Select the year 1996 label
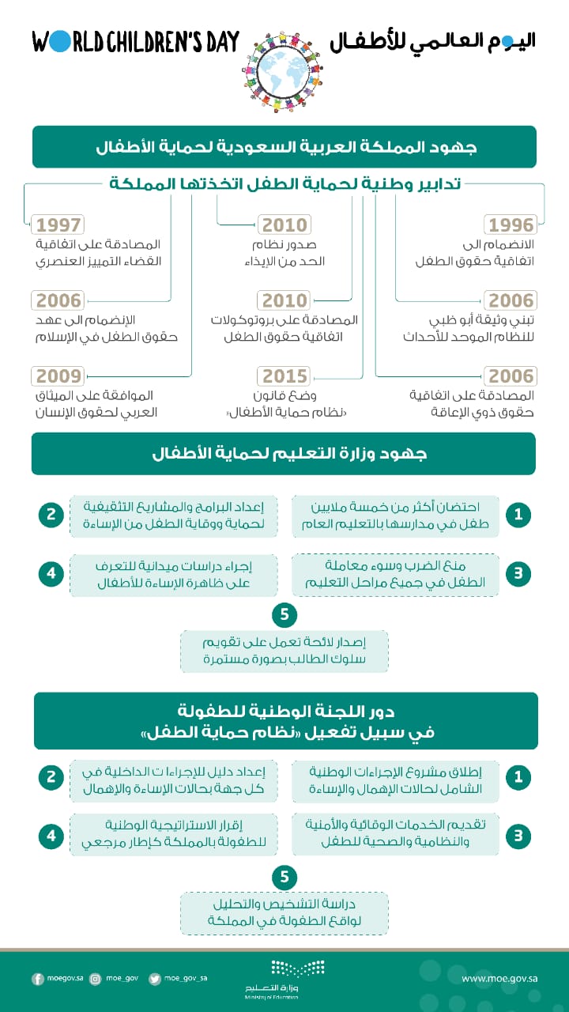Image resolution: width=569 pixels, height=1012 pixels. pos(511,225)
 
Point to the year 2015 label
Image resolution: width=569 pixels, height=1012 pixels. pos(285,376)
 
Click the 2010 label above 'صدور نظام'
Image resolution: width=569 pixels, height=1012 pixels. pos(285,225)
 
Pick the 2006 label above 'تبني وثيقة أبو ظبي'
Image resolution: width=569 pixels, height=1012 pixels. pos(511,301)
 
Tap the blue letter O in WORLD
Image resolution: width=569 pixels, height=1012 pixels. pos(62,42)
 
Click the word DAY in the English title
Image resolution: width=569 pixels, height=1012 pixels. pos(217,42)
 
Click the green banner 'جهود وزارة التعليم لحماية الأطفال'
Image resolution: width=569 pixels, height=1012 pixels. pos(284,454)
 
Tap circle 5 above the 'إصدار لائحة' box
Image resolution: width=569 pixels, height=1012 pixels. pos(284,614)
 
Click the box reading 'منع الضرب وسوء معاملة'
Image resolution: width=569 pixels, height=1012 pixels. pos(396,575)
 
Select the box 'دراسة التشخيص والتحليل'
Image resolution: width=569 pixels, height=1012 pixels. pos(284,912)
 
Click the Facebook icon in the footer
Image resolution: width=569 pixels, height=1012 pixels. pos(38,979)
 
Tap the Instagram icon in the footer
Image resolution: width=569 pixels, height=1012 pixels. pos(96,979)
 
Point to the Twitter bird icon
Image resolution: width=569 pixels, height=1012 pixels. pos(155,979)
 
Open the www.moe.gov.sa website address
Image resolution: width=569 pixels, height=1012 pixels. pos(496,979)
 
